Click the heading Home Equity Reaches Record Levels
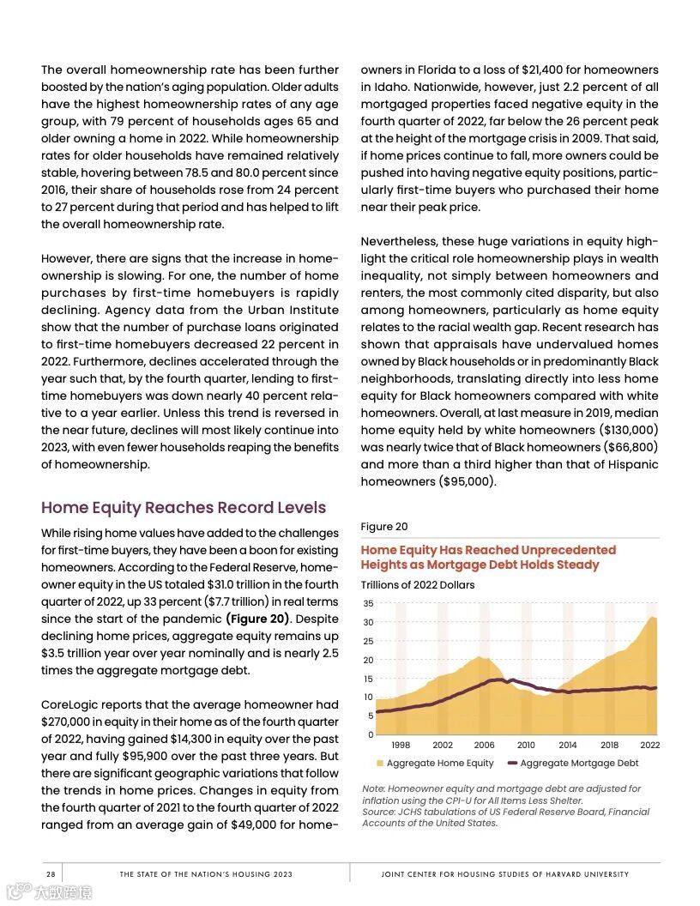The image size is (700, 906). point(184,507)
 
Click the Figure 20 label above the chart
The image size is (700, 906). point(383,527)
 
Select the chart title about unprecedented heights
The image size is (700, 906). point(488,557)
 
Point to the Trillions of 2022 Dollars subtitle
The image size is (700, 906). point(417,585)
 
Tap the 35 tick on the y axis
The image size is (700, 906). point(367,604)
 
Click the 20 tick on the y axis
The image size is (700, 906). point(367,660)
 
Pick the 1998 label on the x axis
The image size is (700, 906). point(401,746)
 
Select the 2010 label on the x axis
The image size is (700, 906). point(526,746)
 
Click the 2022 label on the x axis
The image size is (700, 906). point(649,746)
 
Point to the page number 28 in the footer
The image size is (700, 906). point(51,874)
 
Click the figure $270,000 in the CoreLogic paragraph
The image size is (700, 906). point(69,722)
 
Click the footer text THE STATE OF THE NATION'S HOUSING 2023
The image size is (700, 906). point(206,874)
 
